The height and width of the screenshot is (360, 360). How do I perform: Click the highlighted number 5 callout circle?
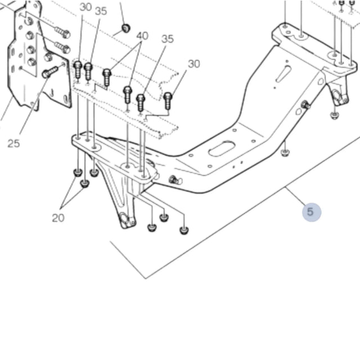click(x=311, y=212)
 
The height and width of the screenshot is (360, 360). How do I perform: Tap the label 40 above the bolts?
click(x=142, y=36)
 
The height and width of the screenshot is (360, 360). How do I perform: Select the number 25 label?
click(x=14, y=143)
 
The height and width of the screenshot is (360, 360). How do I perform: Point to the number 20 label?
click(x=58, y=218)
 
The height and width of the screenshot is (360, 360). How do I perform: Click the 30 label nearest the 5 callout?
click(x=193, y=64)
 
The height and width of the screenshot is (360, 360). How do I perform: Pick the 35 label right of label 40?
click(x=168, y=39)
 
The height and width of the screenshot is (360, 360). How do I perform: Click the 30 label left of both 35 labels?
click(x=85, y=7)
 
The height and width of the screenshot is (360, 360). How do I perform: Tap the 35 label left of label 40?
click(x=101, y=11)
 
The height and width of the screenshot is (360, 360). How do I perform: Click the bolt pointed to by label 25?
click(x=49, y=72)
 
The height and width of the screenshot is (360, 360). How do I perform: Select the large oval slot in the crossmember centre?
click(x=222, y=148)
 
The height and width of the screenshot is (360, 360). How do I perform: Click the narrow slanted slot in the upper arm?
click(x=283, y=74)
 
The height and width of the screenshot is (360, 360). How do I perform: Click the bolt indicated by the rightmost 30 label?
click(x=168, y=100)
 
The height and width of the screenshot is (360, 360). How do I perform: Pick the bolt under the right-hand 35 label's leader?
click(x=141, y=102)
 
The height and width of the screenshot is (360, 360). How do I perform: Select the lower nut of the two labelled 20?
click(x=84, y=183)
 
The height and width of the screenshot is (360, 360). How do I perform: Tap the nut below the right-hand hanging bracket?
click(x=334, y=115)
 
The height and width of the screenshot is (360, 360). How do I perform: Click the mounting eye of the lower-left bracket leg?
click(x=126, y=220)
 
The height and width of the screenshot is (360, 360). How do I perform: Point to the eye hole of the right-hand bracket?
click(x=339, y=98)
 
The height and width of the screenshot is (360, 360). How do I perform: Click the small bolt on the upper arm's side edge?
click(x=305, y=105)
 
